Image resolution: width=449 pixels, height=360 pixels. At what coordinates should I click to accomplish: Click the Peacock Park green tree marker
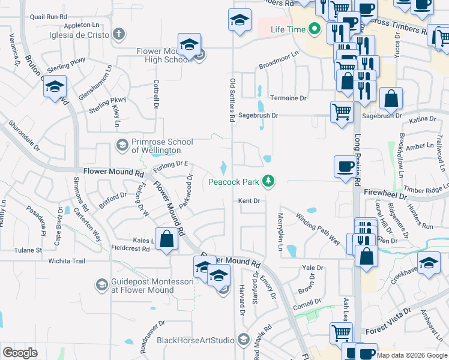[270, 181]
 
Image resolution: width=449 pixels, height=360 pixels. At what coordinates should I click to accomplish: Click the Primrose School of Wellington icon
[122, 145]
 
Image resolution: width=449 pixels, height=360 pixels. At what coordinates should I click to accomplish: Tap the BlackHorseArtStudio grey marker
[243, 340]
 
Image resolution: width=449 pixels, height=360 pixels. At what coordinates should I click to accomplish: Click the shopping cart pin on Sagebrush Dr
[342, 111]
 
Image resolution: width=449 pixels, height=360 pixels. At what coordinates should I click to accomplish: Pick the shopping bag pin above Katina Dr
[391, 98]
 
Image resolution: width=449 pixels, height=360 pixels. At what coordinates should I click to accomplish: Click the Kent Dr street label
[249, 200]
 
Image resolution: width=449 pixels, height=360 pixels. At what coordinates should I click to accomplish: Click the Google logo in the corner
[20, 353]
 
